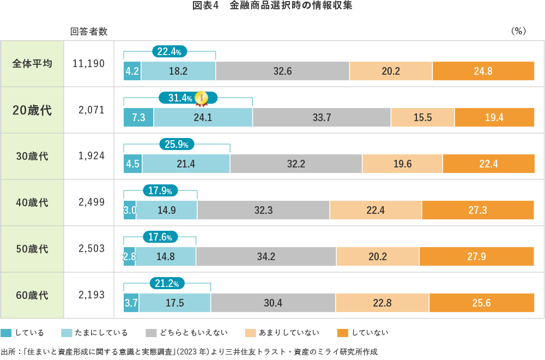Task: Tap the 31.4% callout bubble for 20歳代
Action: pos(180,98)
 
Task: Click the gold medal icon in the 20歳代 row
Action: pos(202,98)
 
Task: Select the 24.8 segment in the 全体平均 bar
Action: pos(483,71)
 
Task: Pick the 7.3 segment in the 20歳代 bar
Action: pos(138,117)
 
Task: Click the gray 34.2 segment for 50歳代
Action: pos(266,256)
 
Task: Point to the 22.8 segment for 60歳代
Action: pos(381,303)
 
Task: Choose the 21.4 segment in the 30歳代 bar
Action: pos(186,164)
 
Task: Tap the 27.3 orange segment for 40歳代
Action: pos(477,210)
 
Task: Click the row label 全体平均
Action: pos(32,63)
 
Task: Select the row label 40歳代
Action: pos(32,202)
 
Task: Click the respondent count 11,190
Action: pos(88,63)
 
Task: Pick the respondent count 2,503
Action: pos(91,249)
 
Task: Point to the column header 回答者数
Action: pos(89,32)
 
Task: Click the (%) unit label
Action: pos(518,32)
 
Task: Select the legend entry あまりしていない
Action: pos(289,333)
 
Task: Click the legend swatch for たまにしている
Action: pos(67,333)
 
